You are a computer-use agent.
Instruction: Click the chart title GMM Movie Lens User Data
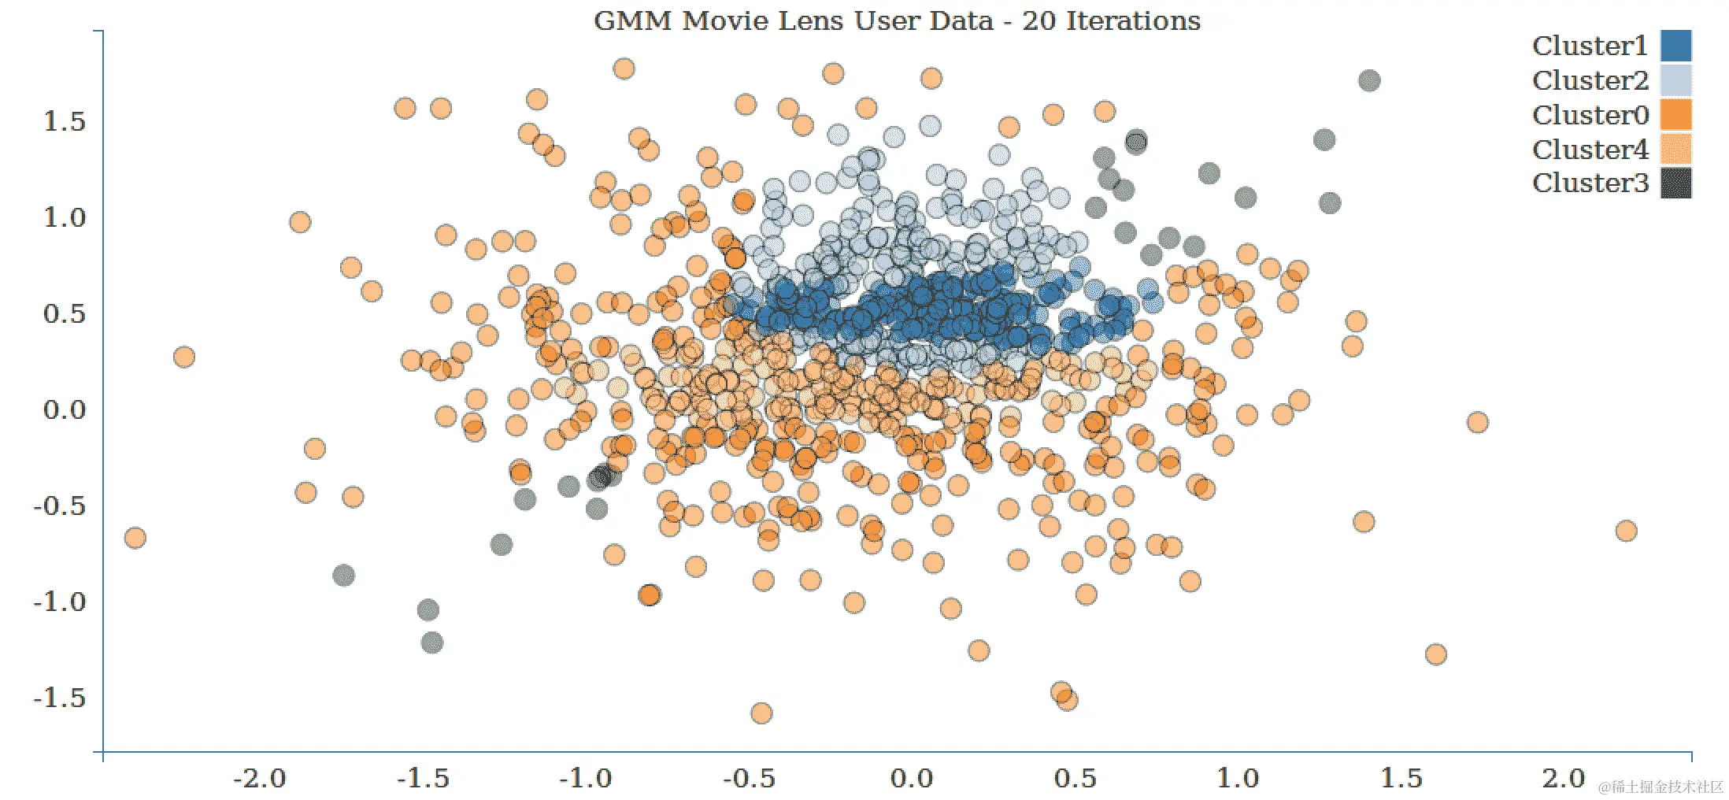pos(793,20)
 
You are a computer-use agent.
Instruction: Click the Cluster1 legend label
pos(1590,46)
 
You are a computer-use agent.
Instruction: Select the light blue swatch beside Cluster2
pos(1675,80)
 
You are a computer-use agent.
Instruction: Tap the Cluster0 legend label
pos(1590,115)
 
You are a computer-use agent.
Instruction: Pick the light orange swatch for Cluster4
pos(1675,149)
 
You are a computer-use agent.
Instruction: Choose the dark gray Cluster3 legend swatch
pos(1675,183)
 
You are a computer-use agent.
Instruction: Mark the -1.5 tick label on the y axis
pos(60,698)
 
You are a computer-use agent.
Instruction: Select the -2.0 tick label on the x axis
pos(260,780)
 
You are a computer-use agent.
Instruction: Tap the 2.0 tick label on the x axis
pos(1564,780)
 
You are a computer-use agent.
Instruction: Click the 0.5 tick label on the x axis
pos(1075,780)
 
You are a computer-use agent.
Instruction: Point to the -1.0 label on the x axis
pos(585,780)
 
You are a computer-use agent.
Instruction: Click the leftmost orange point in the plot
pos(135,538)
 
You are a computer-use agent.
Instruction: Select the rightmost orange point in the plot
pos(1626,531)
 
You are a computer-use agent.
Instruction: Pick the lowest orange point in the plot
pos(761,713)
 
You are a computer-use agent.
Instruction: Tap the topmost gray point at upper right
pos(1369,80)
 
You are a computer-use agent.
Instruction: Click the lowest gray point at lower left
pos(431,643)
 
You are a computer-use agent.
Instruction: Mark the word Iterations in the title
pos(1133,20)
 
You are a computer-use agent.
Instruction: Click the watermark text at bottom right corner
pos(1661,787)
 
